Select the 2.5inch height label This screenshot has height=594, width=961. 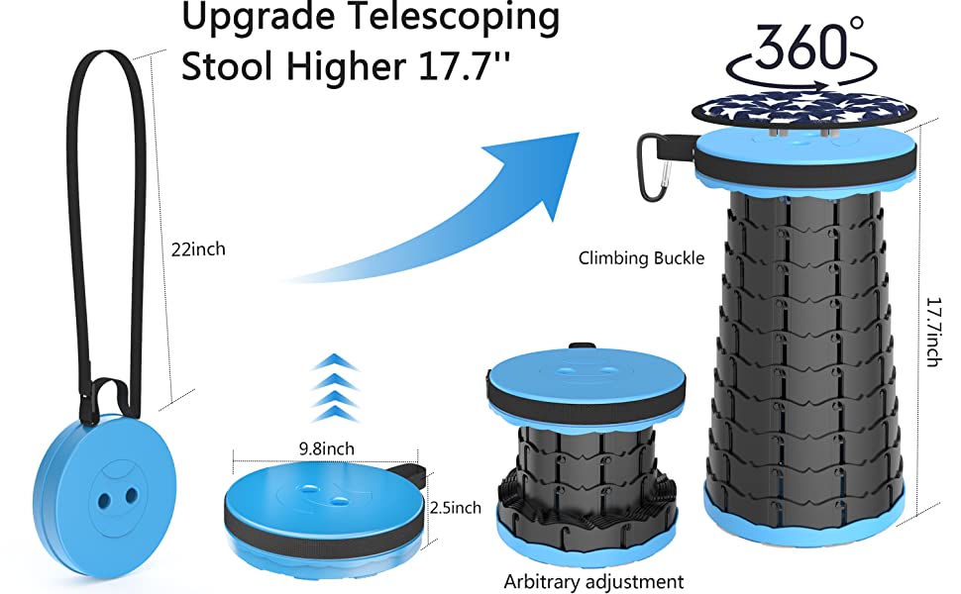click(x=456, y=508)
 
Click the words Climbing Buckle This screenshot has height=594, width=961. click(x=641, y=258)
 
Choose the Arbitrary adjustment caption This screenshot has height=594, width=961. click(x=593, y=581)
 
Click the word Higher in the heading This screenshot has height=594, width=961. click(x=346, y=65)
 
